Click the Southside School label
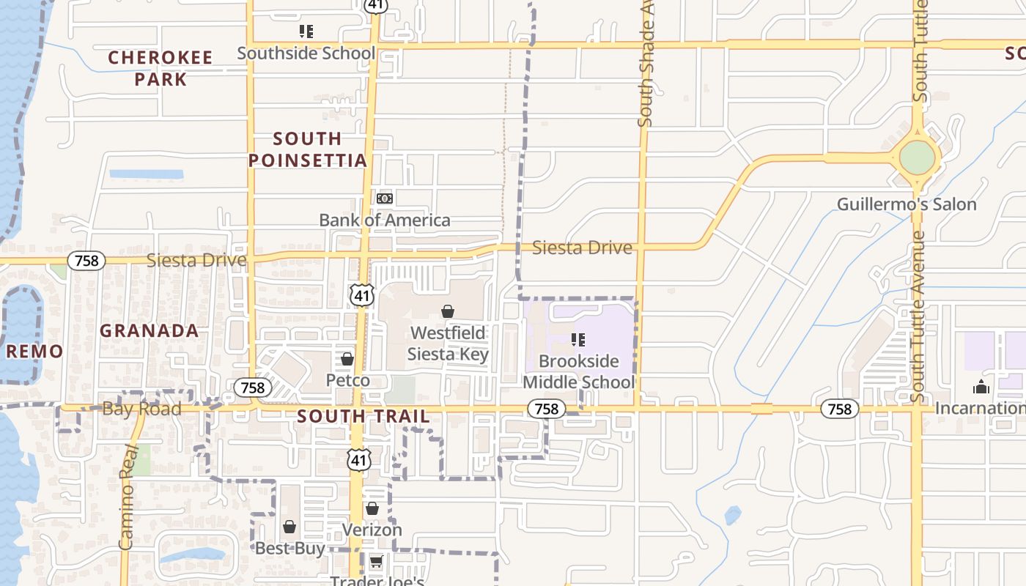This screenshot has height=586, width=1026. pyautogui.click(x=306, y=53)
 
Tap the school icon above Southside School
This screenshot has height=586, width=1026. pyautogui.click(x=306, y=31)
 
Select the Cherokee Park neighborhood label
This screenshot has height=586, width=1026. pyautogui.click(x=160, y=68)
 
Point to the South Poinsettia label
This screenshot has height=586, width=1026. pyautogui.click(x=307, y=149)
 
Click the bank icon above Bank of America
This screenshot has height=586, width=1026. pyautogui.click(x=385, y=199)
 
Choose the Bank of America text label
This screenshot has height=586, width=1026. pyautogui.click(x=385, y=220)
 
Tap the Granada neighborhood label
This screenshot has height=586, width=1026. pyautogui.click(x=150, y=331)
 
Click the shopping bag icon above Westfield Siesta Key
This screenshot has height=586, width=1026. pyautogui.click(x=448, y=312)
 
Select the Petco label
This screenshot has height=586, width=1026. pyautogui.click(x=347, y=381)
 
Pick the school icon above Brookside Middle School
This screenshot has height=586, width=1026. pyautogui.click(x=578, y=340)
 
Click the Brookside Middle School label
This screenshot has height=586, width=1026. pyautogui.click(x=578, y=371)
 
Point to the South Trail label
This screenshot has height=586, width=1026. pyautogui.click(x=363, y=417)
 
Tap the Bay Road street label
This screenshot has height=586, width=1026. pyautogui.click(x=141, y=409)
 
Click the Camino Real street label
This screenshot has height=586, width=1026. pyautogui.click(x=128, y=497)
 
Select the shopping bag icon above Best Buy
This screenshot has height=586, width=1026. pyautogui.click(x=289, y=527)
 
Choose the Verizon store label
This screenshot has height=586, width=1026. pyautogui.click(x=372, y=530)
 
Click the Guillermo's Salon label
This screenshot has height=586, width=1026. pyautogui.click(x=907, y=204)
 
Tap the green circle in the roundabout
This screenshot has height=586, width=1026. pyautogui.click(x=918, y=157)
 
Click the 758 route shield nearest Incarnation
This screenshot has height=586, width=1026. pyautogui.click(x=839, y=409)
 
